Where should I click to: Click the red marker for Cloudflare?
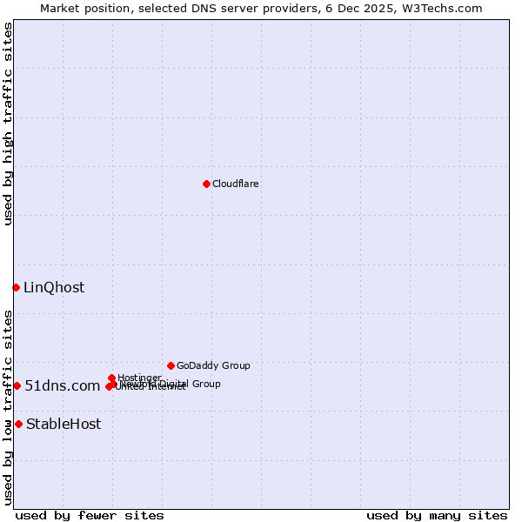click(206, 184)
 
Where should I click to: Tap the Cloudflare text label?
click(235, 184)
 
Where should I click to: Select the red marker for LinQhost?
click(16, 287)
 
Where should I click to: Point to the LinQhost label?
click(54, 287)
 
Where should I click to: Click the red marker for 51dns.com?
click(17, 385)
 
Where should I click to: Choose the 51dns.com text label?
click(62, 385)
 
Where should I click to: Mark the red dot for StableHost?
click(18, 424)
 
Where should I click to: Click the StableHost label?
click(64, 424)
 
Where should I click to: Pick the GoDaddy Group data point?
click(171, 365)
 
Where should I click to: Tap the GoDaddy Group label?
click(213, 365)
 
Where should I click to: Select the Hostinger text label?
click(139, 378)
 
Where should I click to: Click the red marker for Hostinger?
click(111, 378)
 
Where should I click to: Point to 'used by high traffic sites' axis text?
click(8, 124)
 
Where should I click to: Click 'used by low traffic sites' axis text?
click(8, 407)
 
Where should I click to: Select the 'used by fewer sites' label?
click(90, 515)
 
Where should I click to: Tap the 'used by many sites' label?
click(437, 515)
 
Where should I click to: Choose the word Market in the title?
click(61, 8)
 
